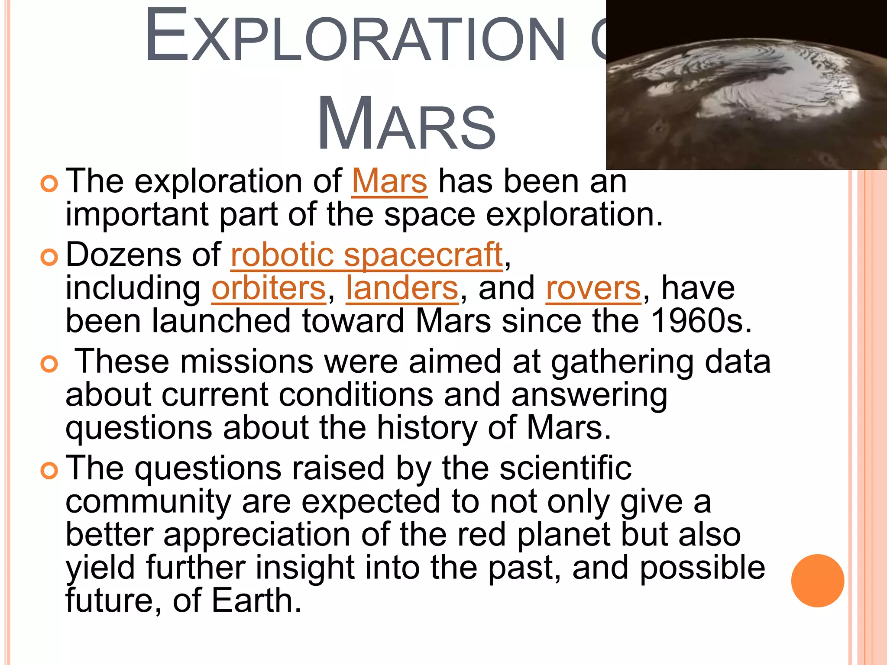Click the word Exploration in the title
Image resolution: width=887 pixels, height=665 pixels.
(x=355, y=37)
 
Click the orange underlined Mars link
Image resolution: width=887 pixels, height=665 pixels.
(x=389, y=181)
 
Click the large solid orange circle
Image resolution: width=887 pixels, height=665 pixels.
(x=817, y=581)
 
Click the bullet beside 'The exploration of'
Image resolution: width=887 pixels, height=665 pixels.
(x=49, y=184)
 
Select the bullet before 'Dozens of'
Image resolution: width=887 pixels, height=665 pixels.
(x=49, y=258)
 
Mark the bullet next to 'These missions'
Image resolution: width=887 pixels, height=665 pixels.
(x=49, y=364)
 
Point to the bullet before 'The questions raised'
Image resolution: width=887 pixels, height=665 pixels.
(x=49, y=471)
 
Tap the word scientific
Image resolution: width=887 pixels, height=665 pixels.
(x=565, y=468)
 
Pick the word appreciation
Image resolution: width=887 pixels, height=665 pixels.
(x=257, y=535)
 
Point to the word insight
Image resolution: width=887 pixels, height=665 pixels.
(x=305, y=568)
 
